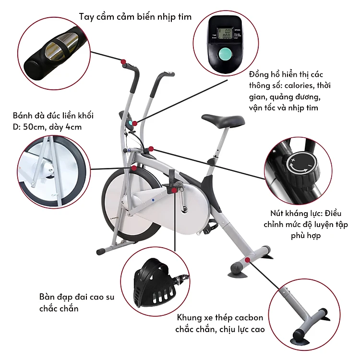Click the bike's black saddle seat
(223, 120)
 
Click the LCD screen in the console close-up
(225, 34)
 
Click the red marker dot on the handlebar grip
(123, 62)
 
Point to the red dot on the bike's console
(135, 123)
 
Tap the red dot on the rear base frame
(248, 260)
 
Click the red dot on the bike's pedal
(174, 191)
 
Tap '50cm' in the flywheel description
(34, 127)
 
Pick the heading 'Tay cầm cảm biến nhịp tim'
(135, 17)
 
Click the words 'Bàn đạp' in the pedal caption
(53, 297)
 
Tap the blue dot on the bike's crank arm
(153, 200)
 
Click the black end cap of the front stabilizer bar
(100, 252)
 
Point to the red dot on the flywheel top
(134, 168)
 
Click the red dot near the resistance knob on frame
(151, 149)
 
